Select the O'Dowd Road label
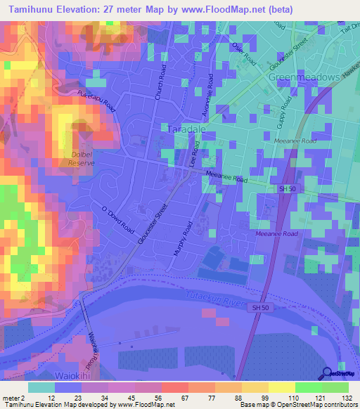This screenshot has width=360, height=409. coord(117,219)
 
